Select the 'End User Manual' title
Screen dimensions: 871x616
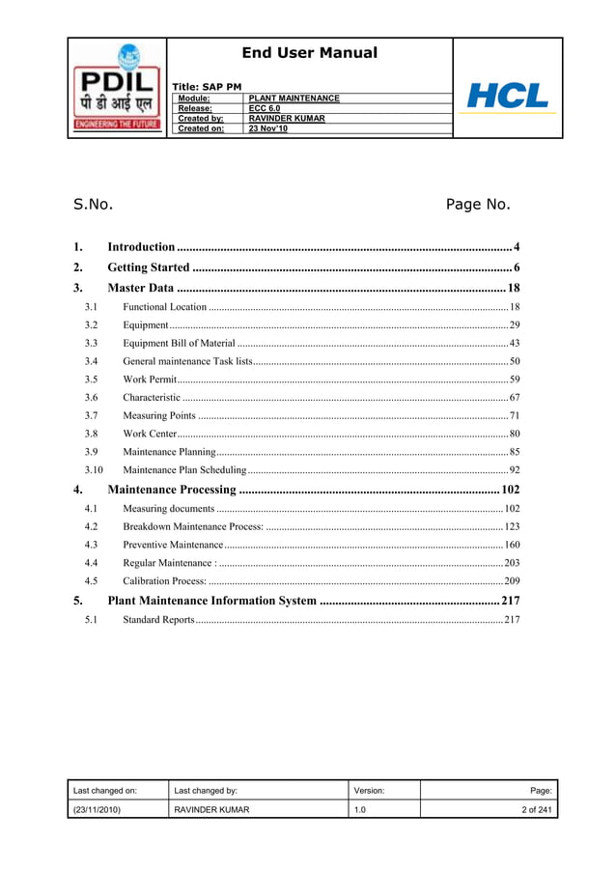309,53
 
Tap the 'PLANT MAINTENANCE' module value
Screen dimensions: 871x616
294,98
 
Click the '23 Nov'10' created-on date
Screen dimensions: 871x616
268,128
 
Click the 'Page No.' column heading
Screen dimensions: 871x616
477,204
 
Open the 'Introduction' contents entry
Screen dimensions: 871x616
141,247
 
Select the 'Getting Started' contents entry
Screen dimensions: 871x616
149,267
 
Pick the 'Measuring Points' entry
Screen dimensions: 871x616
159,415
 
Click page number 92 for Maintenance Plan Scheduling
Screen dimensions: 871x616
515,470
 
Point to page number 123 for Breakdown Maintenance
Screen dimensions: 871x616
512,526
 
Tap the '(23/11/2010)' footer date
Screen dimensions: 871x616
97,809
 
